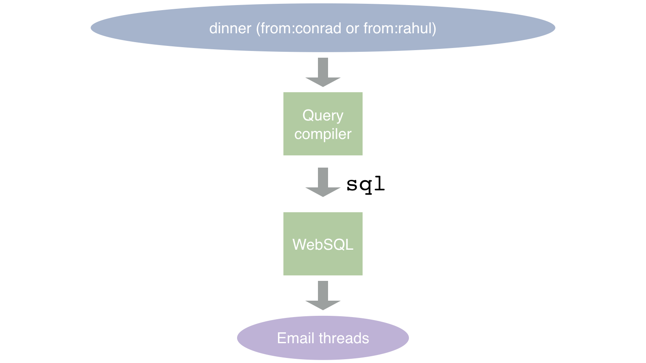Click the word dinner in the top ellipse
(230, 29)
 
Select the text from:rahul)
(400, 29)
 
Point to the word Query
(323, 116)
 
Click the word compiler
(323, 134)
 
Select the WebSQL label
(323, 245)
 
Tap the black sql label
(366, 185)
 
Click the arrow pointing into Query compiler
(323, 72)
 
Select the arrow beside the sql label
(323, 182)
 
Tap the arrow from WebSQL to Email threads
(323, 296)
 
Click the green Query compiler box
(323, 124)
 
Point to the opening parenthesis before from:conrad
(259, 29)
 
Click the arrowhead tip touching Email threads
(323, 310)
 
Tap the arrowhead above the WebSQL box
(323, 192)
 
